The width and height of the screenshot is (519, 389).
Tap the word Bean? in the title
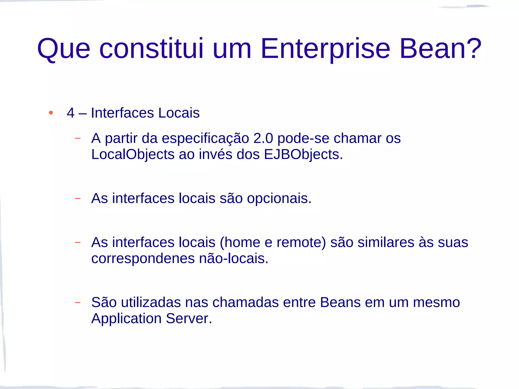(x=440, y=49)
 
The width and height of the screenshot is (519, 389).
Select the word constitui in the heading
(x=152, y=49)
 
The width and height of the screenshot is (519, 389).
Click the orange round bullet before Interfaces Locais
(x=51, y=113)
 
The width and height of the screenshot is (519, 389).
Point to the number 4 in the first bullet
(x=70, y=113)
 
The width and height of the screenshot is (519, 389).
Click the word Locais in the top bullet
(x=179, y=113)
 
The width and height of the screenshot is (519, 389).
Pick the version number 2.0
(x=263, y=138)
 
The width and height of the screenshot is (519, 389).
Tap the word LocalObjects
(x=133, y=154)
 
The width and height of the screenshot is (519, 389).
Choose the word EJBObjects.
(x=303, y=154)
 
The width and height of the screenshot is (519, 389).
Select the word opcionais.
(x=279, y=199)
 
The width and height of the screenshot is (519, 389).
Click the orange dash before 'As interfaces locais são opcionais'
(x=78, y=198)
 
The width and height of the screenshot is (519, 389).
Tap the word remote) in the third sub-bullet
(x=301, y=242)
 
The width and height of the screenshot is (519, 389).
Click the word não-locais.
(x=234, y=259)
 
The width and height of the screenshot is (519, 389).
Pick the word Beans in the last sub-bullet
(x=340, y=302)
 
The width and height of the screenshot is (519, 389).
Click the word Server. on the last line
(x=189, y=319)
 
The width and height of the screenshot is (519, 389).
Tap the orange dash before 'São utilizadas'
(x=78, y=302)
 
